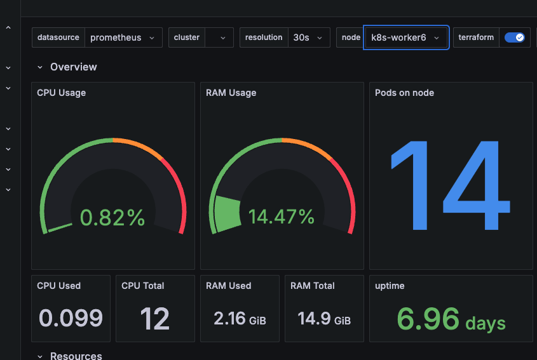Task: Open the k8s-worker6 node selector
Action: (x=406, y=37)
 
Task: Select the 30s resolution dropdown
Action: (x=309, y=37)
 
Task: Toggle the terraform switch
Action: (x=514, y=37)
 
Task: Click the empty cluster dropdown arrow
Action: (x=222, y=37)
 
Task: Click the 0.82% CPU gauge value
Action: (x=112, y=218)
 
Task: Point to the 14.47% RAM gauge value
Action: (x=282, y=217)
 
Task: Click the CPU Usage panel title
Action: (x=61, y=93)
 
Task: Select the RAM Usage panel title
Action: (x=231, y=93)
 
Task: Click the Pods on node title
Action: (x=404, y=93)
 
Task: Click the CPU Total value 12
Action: (x=155, y=318)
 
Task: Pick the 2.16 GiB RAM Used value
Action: (x=240, y=318)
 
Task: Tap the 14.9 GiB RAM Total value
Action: (x=324, y=318)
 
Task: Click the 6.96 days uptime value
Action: (x=451, y=319)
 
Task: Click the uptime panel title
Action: (x=390, y=286)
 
